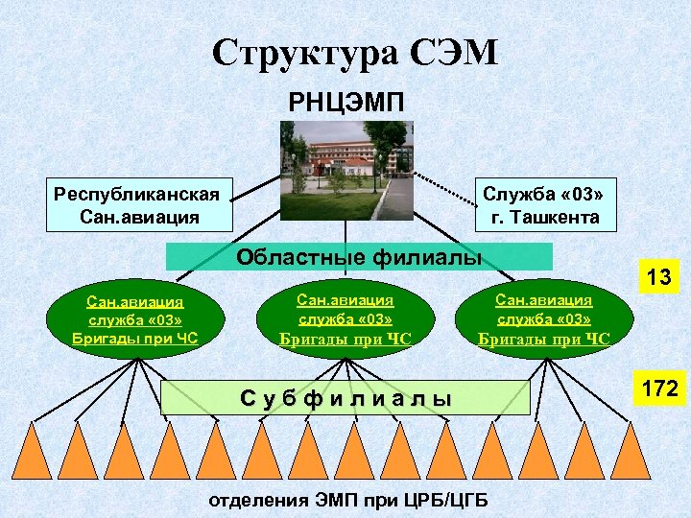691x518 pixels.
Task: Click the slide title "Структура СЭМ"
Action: pos(355,54)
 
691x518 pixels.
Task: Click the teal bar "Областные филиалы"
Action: pos(359,256)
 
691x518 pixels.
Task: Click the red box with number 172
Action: pos(660,389)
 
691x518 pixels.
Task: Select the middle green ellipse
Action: pos(345,319)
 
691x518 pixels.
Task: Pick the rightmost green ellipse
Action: pos(543,319)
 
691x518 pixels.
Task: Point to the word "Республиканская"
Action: pos(136,194)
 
